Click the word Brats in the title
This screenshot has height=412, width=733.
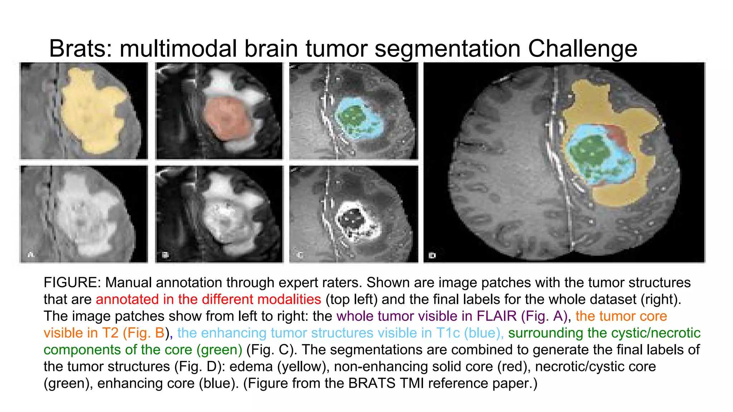coord(80,49)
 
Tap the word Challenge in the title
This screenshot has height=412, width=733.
coord(582,49)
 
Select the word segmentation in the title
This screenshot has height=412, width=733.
coord(447,49)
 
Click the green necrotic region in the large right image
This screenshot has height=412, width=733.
coord(589,150)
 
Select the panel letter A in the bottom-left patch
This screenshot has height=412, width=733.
coord(31,255)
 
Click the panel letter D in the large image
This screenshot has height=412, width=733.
coord(432,255)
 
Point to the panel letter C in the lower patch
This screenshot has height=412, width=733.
coord(300,255)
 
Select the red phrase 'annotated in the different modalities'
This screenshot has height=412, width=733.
coord(208,299)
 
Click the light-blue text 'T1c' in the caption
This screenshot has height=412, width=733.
coord(448,333)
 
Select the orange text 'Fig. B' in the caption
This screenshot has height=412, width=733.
coord(144,333)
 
